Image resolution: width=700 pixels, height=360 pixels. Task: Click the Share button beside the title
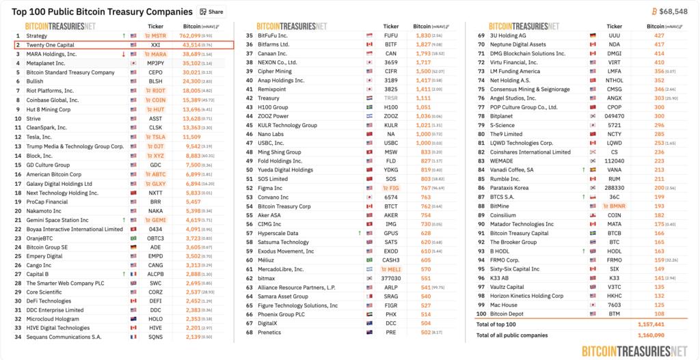(212, 12)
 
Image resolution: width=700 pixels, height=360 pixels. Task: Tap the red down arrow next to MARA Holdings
(124, 54)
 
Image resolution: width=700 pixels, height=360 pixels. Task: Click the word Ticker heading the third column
(615, 26)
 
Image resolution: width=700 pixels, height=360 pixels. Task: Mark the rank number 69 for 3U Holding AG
(481, 35)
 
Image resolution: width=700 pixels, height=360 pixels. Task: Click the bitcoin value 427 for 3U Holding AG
(659, 35)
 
